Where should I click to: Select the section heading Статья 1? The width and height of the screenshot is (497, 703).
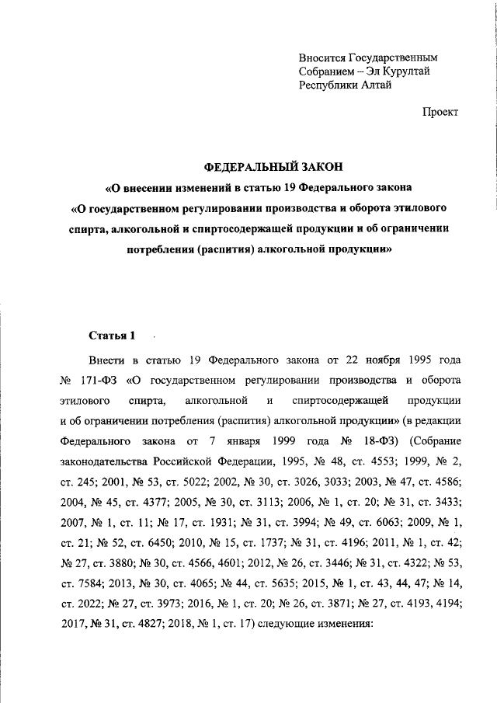click(x=113, y=336)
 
